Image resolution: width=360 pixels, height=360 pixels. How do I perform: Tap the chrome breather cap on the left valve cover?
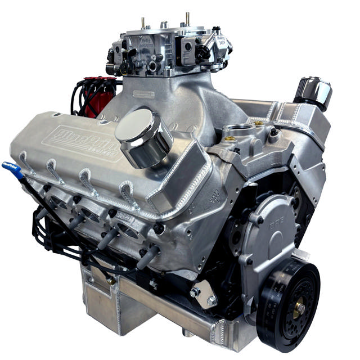pos(143,135)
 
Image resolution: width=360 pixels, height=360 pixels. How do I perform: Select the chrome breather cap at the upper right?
pos(314,92)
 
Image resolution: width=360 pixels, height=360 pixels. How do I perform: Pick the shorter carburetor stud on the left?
pos(143,22)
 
